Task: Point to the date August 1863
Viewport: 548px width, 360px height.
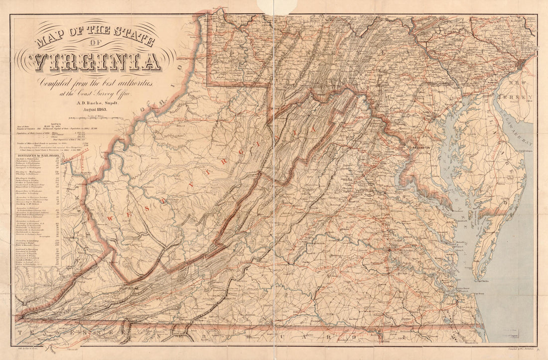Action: click(97, 109)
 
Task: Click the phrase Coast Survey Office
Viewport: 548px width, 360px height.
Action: click(106, 93)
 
